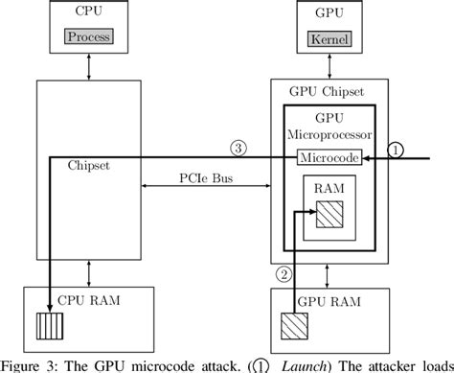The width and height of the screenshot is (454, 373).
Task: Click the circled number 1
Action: pyautogui.click(x=397, y=149)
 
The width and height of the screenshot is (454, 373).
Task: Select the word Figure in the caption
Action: pyautogui.click(x=24, y=363)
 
